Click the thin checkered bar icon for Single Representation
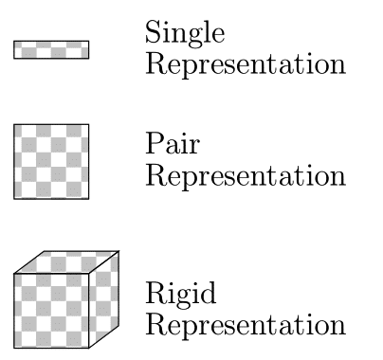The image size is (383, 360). tap(51, 49)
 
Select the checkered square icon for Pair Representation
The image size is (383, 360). tap(51, 162)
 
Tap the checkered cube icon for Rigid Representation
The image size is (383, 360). tap(65, 298)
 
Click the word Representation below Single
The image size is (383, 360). tap(245, 67)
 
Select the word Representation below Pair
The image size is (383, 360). tap(245, 178)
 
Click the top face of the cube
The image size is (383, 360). tap(66, 261)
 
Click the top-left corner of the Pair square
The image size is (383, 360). tap(14, 125)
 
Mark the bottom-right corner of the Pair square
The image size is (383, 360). tap(89, 199)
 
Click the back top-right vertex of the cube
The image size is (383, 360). tap(119, 251)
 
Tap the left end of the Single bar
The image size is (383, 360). tap(15, 49)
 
